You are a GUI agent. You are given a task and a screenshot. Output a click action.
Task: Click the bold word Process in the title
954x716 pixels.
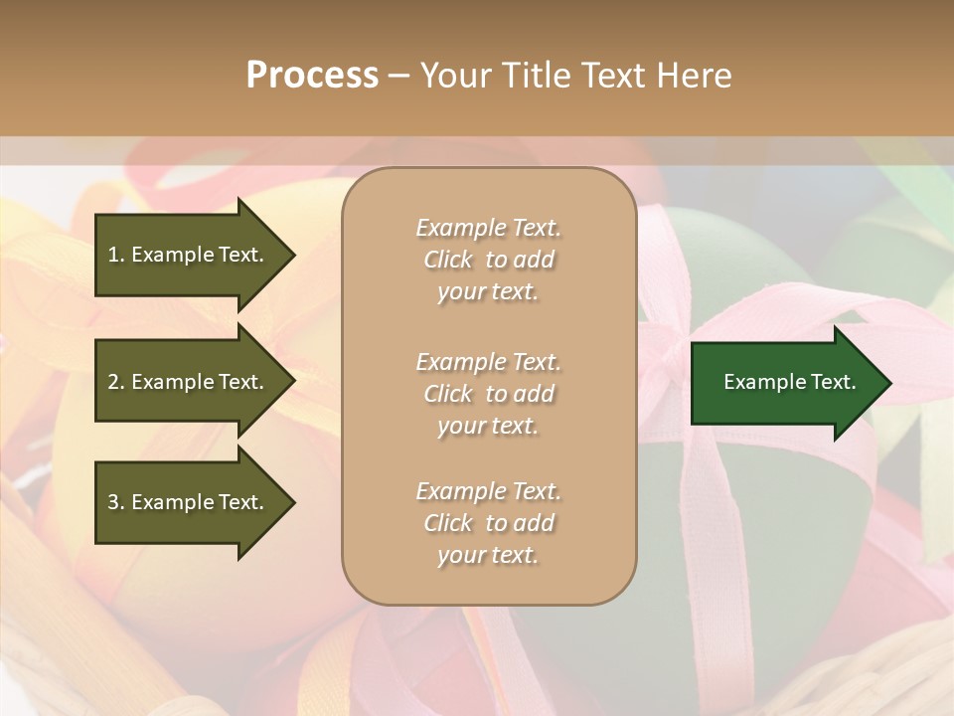312,75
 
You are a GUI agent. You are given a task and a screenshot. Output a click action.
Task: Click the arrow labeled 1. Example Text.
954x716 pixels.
189,255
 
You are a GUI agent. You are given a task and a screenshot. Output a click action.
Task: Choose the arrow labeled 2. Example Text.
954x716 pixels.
189,382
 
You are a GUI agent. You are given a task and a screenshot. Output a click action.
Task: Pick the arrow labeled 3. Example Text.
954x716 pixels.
189,502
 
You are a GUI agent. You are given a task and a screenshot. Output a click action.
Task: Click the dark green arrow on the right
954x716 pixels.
785,383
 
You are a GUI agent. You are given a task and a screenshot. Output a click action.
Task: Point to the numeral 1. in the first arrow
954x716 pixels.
116,255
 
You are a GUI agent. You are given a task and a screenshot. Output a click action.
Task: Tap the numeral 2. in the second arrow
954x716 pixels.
116,382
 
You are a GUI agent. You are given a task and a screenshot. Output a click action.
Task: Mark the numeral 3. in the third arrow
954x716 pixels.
116,502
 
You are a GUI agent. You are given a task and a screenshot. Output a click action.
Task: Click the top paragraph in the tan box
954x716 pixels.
488,260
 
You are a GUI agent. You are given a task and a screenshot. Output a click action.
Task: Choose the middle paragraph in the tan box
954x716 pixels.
488,394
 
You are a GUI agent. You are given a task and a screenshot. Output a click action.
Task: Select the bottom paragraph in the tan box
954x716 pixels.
488,523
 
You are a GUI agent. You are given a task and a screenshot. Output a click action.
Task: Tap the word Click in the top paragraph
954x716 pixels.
447,260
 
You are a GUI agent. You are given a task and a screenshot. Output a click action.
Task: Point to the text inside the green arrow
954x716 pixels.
789,382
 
